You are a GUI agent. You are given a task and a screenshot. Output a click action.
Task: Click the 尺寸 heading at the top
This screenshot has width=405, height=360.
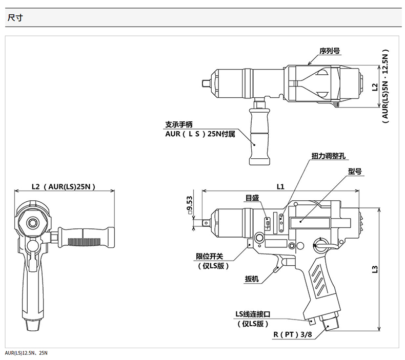(x=15, y=18)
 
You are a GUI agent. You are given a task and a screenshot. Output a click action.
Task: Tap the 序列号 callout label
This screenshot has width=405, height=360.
(x=330, y=51)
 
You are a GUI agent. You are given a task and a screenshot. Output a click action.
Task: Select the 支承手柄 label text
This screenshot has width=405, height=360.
(x=179, y=124)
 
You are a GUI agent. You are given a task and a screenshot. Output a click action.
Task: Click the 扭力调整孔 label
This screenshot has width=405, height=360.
(x=328, y=156)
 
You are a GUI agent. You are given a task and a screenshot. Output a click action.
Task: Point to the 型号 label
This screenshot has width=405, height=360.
(x=355, y=172)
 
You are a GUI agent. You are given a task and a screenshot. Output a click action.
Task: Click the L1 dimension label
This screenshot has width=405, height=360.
(x=280, y=186)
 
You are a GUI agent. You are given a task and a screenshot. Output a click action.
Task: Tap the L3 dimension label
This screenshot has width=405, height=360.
(x=375, y=269)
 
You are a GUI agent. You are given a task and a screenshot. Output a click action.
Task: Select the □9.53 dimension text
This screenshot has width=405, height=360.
(x=190, y=205)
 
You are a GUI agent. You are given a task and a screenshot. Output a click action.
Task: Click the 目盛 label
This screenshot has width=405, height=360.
(x=252, y=198)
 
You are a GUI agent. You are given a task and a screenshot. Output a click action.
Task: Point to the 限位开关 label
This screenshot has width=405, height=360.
(x=210, y=256)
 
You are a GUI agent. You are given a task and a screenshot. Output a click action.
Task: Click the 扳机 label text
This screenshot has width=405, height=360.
(x=252, y=279)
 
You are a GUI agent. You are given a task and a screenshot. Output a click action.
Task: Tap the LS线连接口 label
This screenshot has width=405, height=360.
(x=253, y=314)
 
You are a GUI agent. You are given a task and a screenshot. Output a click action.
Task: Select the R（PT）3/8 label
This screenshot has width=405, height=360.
(x=293, y=335)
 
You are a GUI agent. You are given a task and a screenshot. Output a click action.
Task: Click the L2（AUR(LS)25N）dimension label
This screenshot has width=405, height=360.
(x=64, y=186)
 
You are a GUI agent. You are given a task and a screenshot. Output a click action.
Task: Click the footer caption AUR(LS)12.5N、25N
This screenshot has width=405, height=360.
(x=26, y=353)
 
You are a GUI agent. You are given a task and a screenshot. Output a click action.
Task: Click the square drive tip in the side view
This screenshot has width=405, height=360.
(x=206, y=222)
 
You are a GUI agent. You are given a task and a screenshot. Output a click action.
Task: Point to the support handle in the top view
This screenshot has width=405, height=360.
(x=259, y=137)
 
